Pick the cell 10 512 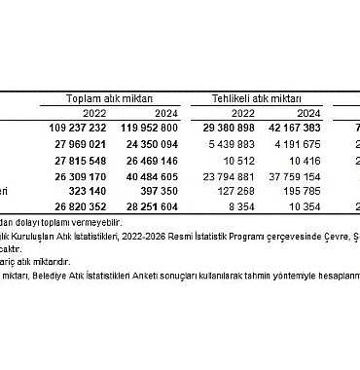tap(242, 160)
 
